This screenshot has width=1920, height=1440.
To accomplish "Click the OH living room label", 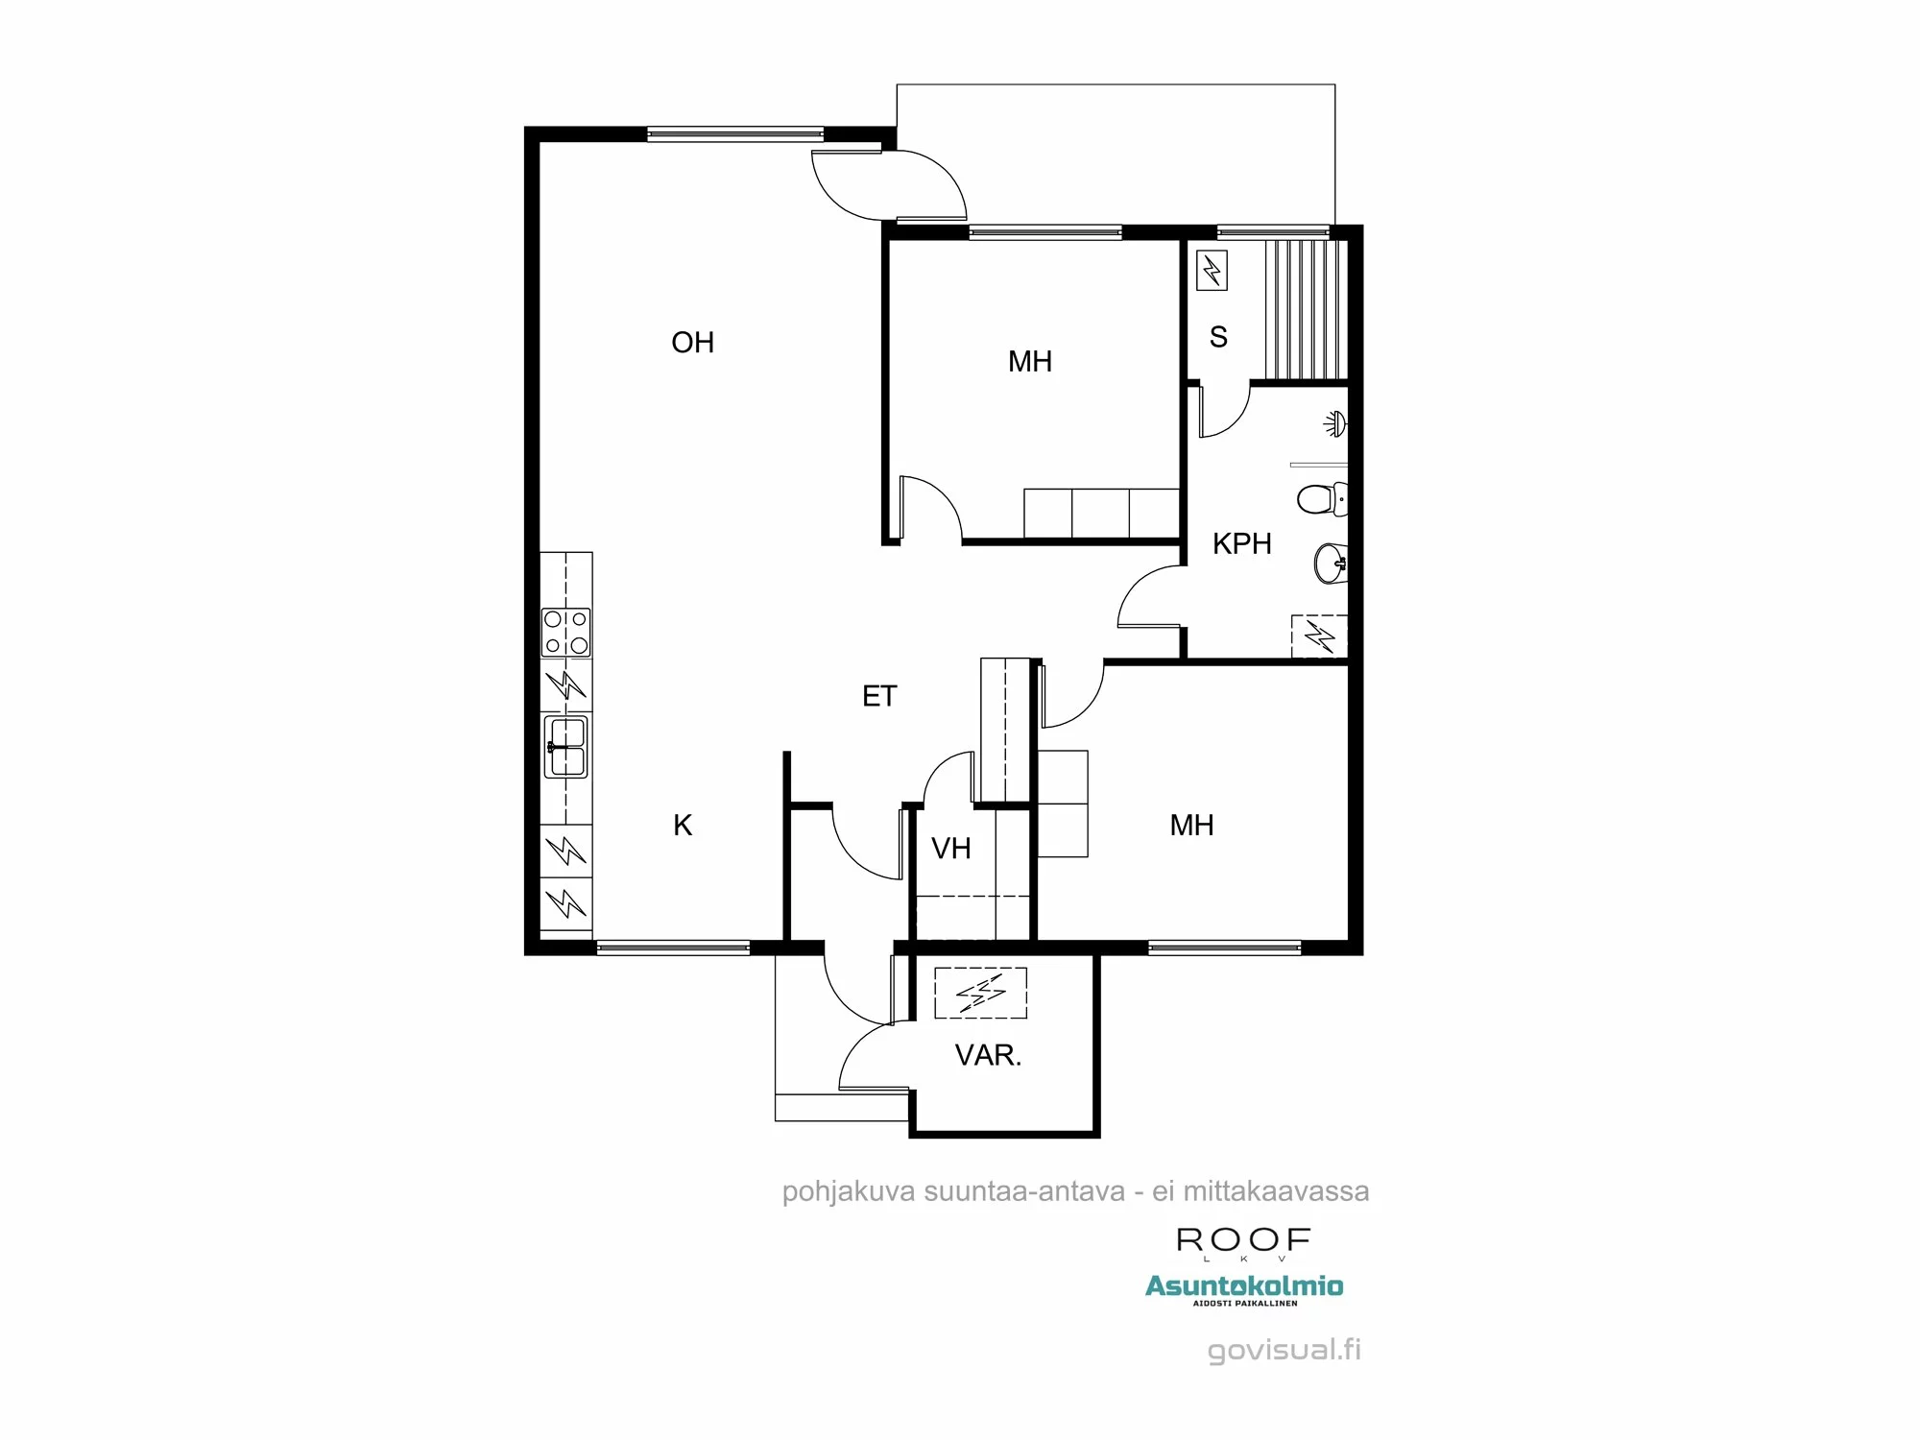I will click(692, 343).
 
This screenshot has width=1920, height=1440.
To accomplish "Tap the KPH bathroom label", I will click(1241, 543).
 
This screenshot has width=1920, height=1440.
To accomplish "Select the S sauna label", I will click(1218, 337).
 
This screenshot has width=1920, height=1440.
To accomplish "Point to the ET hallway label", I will click(879, 696).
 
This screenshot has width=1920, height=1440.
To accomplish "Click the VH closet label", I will click(950, 849).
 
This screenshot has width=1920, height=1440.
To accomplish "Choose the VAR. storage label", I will click(988, 1056).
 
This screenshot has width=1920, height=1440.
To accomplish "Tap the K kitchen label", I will click(683, 826).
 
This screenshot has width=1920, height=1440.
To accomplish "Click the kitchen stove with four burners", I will click(566, 632).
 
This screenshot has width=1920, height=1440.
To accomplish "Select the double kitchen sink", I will click(565, 747).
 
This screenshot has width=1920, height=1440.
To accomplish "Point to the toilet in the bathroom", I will click(1320, 499).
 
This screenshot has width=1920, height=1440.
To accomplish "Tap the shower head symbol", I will click(1334, 422).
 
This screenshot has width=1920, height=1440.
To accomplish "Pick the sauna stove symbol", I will click(1212, 271).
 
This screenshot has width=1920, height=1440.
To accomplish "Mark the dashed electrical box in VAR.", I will click(980, 993).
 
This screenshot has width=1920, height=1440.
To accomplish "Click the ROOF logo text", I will click(1243, 1240).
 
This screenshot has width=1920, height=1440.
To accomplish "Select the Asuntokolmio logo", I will click(1244, 1287).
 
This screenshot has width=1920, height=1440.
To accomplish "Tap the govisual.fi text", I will click(1284, 1350).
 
